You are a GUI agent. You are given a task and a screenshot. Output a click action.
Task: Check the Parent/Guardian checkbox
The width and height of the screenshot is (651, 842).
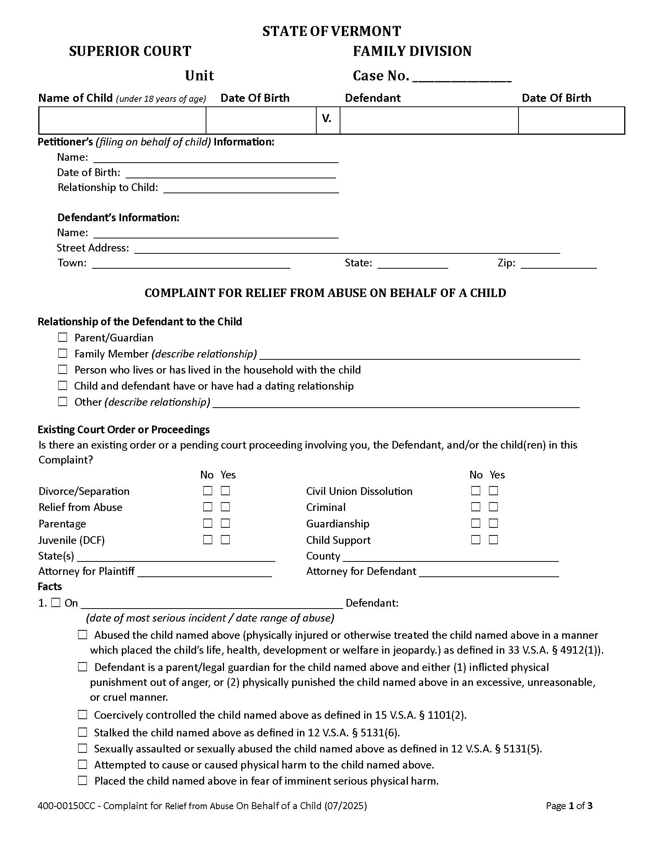(x=62, y=337)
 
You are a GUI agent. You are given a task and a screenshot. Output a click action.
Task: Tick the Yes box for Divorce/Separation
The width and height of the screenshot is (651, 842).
(x=226, y=490)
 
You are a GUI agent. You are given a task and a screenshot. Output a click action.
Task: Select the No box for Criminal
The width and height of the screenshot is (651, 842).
(x=476, y=507)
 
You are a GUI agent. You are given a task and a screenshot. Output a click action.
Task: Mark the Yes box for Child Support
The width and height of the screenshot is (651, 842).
(x=493, y=539)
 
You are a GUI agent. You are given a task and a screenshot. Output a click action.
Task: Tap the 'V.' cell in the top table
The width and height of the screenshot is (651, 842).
(x=327, y=120)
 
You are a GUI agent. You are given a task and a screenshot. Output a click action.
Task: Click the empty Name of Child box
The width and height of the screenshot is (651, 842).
(x=122, y=120)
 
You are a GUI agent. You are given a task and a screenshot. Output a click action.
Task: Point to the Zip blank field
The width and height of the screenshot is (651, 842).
(x=558, y=264)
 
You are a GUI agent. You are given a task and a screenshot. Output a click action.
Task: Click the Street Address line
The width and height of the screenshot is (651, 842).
(x=347, y=249)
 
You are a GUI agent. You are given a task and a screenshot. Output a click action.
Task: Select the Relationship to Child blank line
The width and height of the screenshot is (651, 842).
(x=251, y=189)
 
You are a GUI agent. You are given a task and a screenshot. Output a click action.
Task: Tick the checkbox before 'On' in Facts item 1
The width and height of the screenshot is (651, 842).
(x=56, y=602)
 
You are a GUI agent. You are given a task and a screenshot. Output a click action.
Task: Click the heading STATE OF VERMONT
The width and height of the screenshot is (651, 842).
(x=331, y=31)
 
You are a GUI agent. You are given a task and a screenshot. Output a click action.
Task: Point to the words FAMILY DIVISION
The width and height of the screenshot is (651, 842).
(x=412, y=51)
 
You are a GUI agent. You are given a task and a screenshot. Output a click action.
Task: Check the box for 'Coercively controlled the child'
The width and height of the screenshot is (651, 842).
(x=83, y=715)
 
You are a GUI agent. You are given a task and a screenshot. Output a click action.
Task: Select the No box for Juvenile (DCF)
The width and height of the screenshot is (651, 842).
(x=208, y=539)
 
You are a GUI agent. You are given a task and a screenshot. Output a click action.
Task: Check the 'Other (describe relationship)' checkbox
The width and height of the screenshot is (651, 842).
(x=62, y=401)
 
